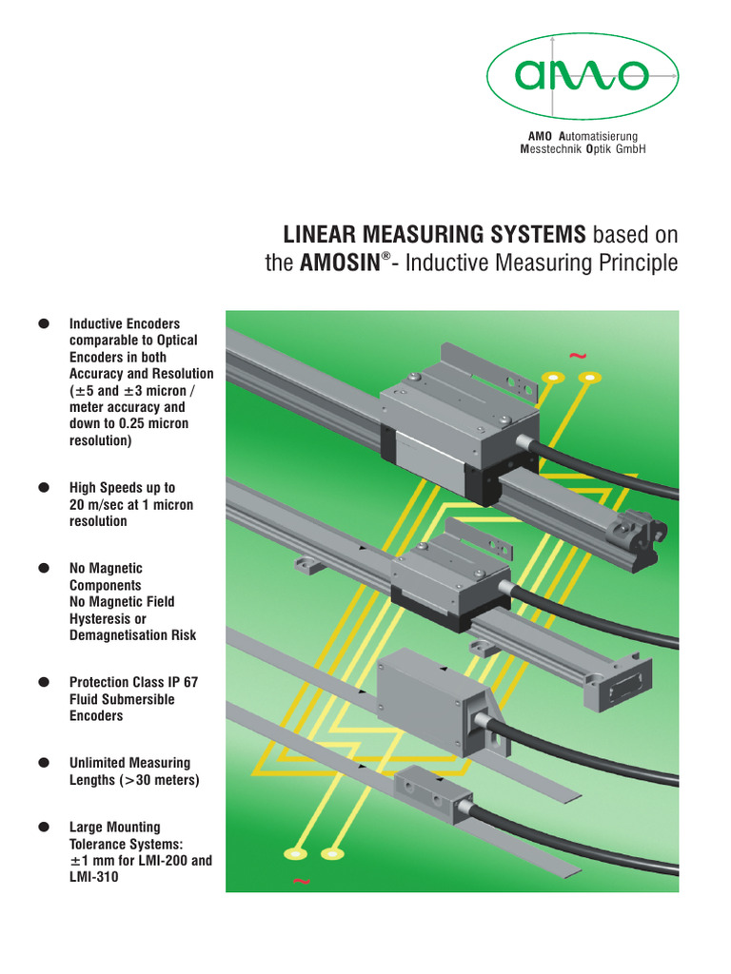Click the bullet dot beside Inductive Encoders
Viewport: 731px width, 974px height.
43,324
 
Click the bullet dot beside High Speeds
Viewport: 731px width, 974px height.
43,488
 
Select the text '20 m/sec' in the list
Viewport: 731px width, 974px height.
97,505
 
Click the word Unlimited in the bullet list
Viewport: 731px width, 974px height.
99,763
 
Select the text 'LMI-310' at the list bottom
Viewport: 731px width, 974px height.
94,877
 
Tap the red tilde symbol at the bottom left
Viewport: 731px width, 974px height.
302,882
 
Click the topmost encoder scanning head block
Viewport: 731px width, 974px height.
447,419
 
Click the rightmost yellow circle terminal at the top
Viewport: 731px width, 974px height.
591,379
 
